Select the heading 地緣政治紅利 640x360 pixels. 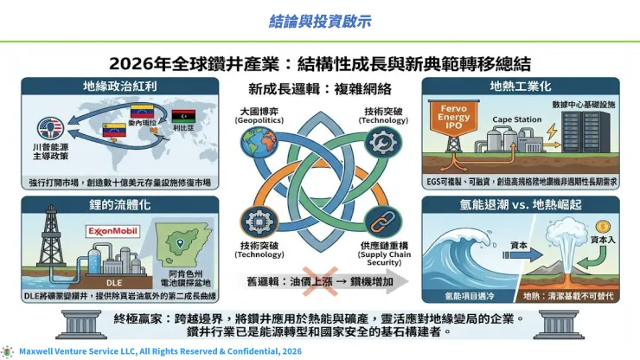(108, 87)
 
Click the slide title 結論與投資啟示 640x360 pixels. (319, 19)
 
